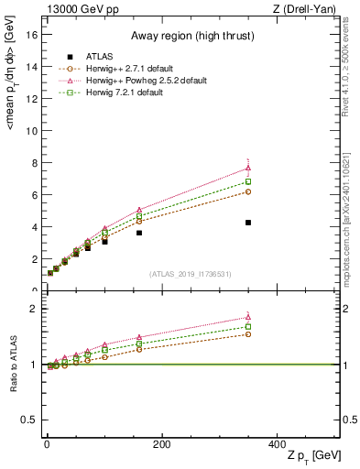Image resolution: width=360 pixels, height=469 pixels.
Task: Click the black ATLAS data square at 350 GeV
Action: pos(248,223)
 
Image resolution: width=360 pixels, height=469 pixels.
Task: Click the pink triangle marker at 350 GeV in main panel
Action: pos(248,168)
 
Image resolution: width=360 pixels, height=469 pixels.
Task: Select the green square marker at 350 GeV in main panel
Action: pos(248,181)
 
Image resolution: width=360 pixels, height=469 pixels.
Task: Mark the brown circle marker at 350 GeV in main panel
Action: pos(248,191)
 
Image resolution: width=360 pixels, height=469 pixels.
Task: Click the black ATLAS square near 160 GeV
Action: pos(139,233)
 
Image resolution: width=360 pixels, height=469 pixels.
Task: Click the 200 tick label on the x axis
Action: pos(161,443)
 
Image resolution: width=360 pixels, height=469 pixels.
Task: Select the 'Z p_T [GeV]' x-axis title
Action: pos(314,456)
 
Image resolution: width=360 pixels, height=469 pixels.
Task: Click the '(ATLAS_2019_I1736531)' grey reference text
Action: pos(191,274)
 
